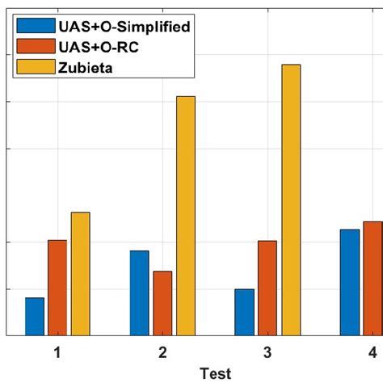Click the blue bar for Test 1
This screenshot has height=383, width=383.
(35, 317)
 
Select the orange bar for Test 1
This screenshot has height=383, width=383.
(57, 288)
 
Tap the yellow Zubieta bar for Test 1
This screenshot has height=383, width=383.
(81, 274)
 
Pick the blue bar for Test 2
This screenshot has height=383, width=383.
(139, 293)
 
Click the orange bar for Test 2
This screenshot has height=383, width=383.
(162, 303)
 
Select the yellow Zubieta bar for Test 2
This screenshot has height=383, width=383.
(186, 216)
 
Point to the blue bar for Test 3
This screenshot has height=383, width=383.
(244, 312)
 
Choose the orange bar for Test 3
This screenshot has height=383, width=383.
(267, 288)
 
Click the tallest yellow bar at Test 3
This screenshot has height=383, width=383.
(291, 200)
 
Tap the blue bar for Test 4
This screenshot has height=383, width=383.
(349, 282)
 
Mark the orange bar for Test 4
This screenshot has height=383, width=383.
(372, 278)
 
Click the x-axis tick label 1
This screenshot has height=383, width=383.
(57, 353)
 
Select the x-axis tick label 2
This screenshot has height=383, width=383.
(162, 353)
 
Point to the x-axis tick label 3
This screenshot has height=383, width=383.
(267, 353)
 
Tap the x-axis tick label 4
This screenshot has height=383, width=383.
(372, 353)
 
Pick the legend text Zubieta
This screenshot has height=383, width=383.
(90, 67)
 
